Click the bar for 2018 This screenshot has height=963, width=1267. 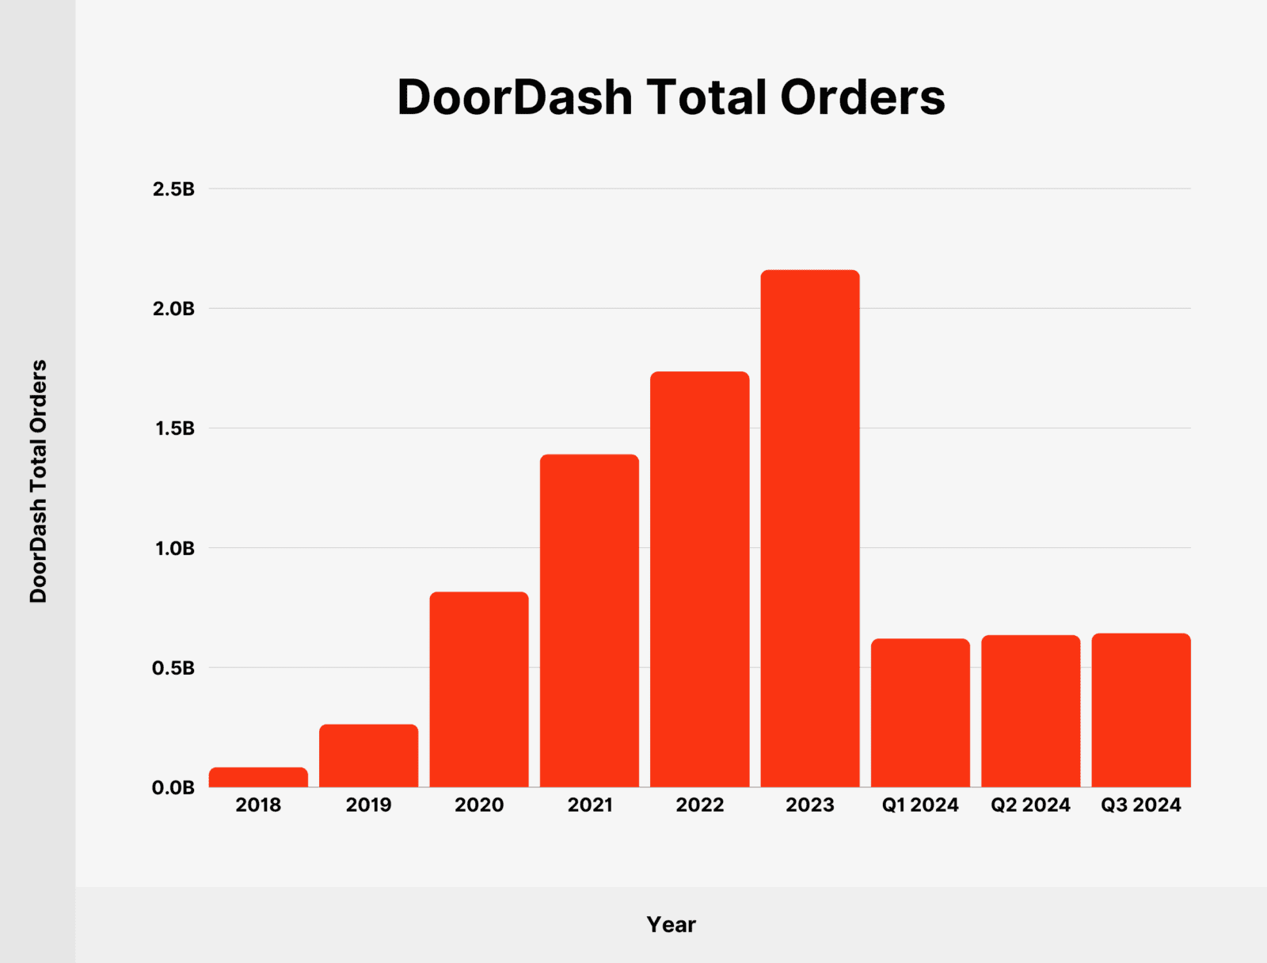point(258,777)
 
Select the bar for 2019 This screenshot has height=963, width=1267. point(368,756)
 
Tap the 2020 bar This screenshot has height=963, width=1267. point(479,689)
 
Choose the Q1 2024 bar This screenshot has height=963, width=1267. point(920,713)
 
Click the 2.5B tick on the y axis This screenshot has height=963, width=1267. point(173,189)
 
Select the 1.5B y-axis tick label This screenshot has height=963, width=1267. point(173,428)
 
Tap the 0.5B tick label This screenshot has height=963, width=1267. point(173,668)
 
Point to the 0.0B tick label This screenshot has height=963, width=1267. point(173,788)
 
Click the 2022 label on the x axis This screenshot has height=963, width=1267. point(700,805)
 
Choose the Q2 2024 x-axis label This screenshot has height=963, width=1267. point(1030,805)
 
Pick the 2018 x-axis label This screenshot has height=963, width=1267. point(258,805)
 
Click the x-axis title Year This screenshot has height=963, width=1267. point(671,924)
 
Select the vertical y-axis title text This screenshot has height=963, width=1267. point(39,481)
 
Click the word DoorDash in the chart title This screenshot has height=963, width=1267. point(514,97)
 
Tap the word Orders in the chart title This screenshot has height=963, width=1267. point(862,97)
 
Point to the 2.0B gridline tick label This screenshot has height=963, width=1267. point(173,309)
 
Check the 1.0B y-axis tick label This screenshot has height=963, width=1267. point(173,548)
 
